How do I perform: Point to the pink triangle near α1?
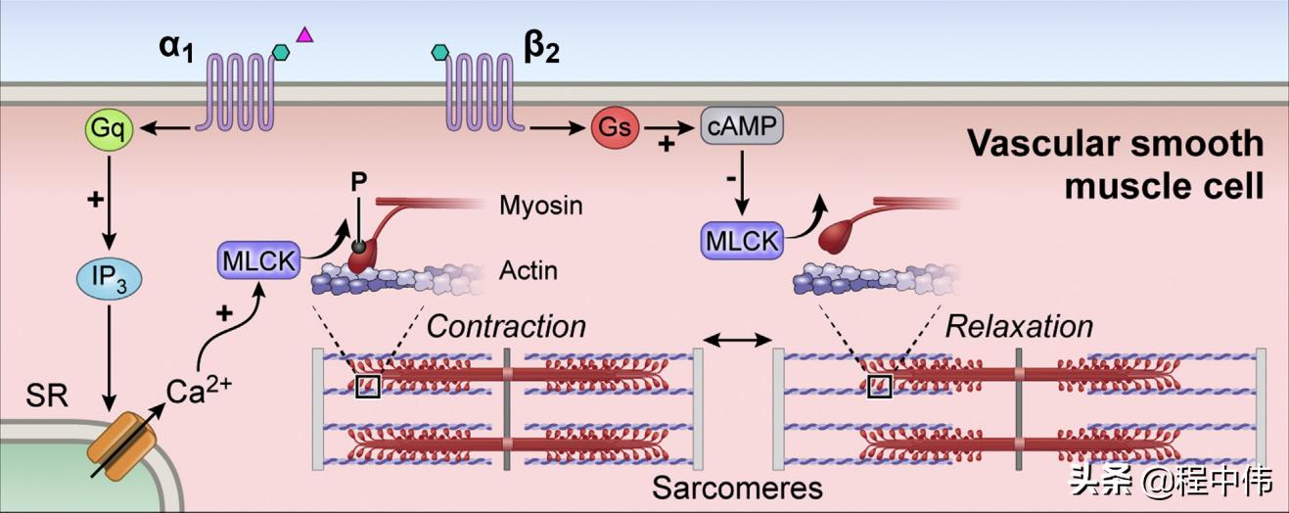tap(304, 36)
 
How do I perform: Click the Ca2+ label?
tap(199, 391)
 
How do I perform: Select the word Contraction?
tap(506, 325)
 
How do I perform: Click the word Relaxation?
tap(1018, 325)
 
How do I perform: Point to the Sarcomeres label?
tap(737, 487)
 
